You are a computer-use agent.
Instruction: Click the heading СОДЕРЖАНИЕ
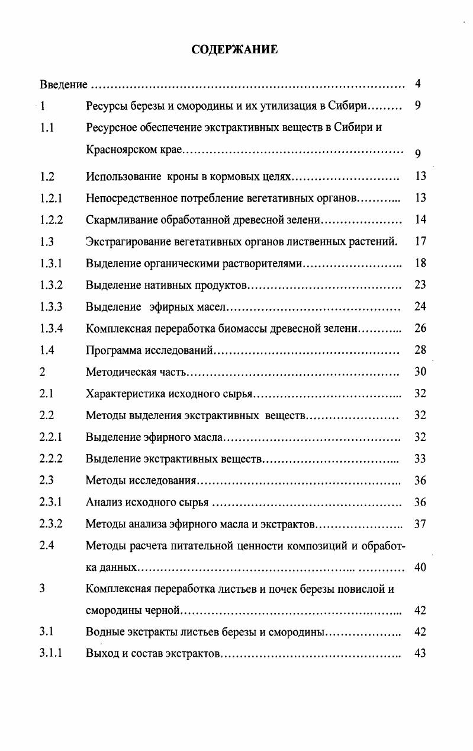pyautogui.click(x=235, y=50)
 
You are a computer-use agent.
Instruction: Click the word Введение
pyautogui.click(x=63, y=85)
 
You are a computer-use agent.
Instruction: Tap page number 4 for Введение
pyautogui.click(x=418, y=84)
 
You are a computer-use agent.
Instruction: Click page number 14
pyautogui.click(x=420, y=219)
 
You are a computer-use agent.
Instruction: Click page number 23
pyautogui.click(x=420, y=285)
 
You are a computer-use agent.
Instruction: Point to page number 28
pyautogui.click(x=420, y=350)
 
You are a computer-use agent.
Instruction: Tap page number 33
pyautogui.click(x=420, y=458)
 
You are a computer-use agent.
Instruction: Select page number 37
pyautogui.click(x=420, y=523)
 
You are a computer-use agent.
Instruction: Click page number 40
pyautogui.click(x=420, y=567)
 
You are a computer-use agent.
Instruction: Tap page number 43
pyautogui.click(x=420, y=653)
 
